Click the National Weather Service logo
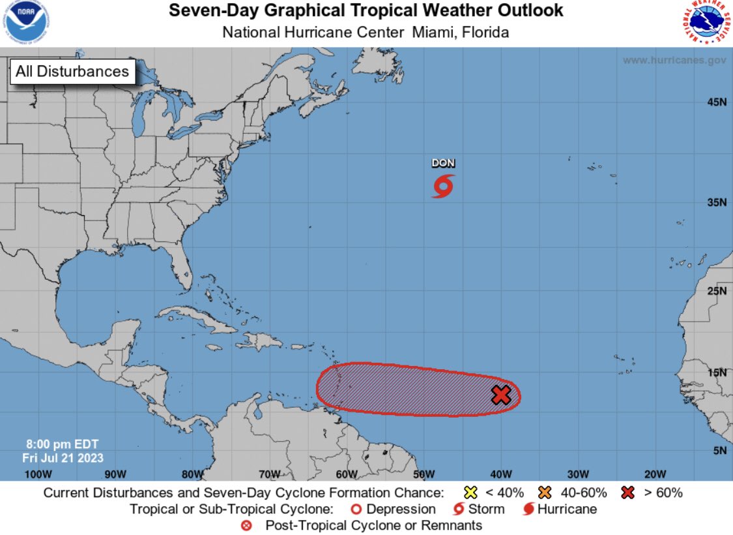(709, 23)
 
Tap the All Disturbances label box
(72, 71)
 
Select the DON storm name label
(443, 163)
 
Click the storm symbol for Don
(443, 186)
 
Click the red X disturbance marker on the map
(500, 395)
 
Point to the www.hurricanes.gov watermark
(674, 60)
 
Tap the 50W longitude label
(424, 474)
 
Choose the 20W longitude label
(655, 474)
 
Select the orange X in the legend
(545, 493)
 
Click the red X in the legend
(627, 493)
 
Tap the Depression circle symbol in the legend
(356, 509)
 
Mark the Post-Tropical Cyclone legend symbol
(246, 525)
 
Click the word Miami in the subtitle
(434, 32)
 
